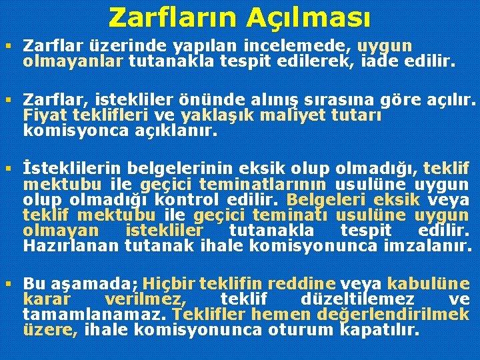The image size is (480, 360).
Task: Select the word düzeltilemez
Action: [x=357, y=299]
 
